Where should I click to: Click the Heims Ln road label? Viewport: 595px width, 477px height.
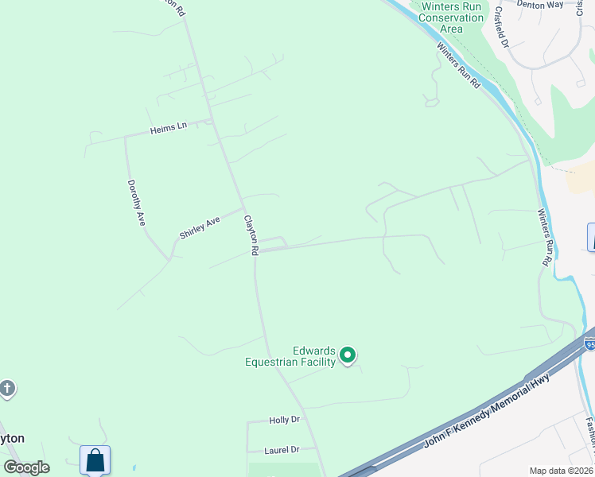[168, 127]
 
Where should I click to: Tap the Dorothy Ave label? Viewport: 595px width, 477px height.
[135, 203]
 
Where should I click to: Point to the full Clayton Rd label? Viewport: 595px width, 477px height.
[251, 235]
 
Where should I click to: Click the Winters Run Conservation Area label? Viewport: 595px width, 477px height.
[451, 17]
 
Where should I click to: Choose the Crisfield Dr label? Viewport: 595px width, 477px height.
[501, 27]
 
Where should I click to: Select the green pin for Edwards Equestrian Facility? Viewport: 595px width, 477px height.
[348, 355]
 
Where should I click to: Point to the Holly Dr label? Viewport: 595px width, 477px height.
[284, 420]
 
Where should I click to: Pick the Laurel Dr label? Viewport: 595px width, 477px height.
[282, 450]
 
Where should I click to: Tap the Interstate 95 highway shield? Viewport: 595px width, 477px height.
[589, 343]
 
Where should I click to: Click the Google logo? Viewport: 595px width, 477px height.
[26, 467]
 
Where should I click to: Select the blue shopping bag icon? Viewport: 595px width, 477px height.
[95, 460]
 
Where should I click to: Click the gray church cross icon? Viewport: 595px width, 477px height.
[7, 389]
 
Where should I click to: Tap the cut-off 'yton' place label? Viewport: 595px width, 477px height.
[12, 438]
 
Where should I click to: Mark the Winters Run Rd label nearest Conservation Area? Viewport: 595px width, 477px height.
[458, 64]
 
